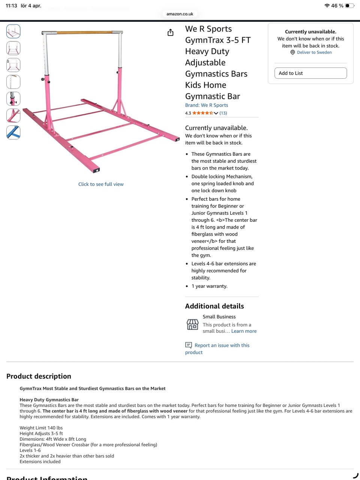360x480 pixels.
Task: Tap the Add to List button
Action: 310,73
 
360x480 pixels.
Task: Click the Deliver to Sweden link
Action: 314,52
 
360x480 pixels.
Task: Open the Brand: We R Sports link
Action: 206,105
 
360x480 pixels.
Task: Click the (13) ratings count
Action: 223,113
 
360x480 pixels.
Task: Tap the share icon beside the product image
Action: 171,33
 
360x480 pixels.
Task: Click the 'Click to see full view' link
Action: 101,184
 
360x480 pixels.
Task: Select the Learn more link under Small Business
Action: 244,331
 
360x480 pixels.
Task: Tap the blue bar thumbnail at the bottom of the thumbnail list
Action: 13,133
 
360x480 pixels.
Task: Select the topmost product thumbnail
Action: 13,31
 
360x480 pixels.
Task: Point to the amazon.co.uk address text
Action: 180,14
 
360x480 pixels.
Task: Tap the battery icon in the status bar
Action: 349,6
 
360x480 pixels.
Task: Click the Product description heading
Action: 39,376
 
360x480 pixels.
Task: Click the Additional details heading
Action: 214,306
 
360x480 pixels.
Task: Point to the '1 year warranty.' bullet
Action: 209,286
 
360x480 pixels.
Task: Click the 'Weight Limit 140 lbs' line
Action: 41,428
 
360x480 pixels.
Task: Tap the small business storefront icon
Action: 192,324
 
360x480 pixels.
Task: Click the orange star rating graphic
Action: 202,113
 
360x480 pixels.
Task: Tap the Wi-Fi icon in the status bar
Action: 327,6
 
